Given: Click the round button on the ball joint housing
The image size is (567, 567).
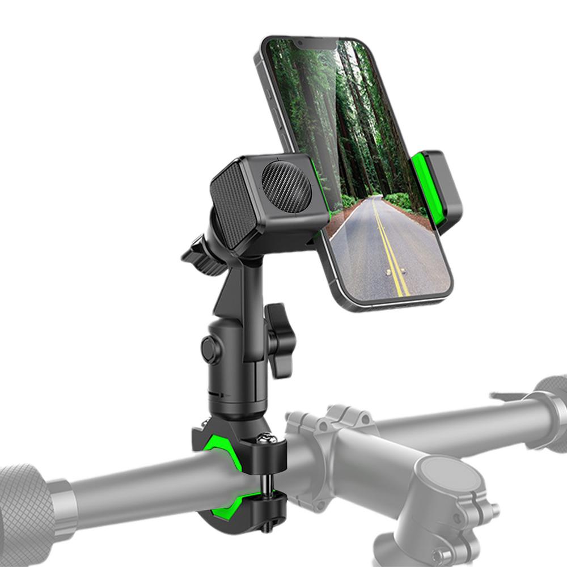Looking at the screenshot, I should (210, 349).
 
